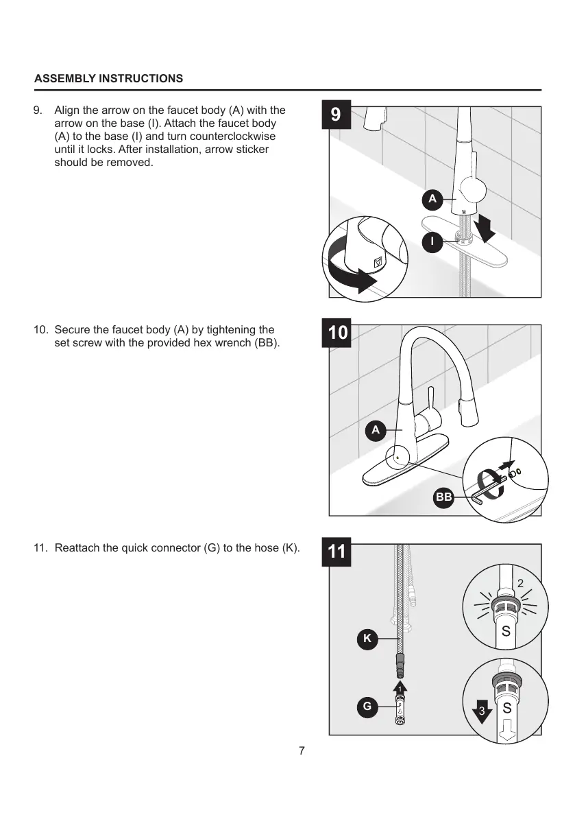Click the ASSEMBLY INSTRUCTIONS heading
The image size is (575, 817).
108,78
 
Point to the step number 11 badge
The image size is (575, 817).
337,552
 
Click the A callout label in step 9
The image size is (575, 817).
432,199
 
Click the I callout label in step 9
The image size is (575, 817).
432,241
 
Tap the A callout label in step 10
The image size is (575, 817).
374,430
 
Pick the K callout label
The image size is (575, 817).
367,638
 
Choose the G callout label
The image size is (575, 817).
367,705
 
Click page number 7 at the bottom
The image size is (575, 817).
302,750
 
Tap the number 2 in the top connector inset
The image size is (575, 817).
520,583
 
